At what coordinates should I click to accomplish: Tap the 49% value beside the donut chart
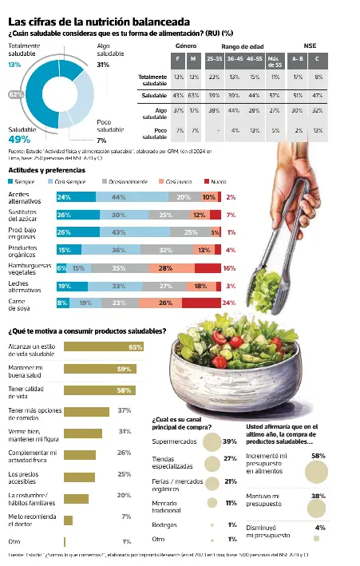coord(19,138)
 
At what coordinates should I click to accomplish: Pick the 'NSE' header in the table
coord(310,46)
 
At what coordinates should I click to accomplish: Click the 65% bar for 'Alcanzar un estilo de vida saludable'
coord(103,347)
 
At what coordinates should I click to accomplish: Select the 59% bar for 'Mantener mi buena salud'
coord(99,370)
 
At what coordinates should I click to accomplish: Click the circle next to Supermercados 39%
coord(212,441)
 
